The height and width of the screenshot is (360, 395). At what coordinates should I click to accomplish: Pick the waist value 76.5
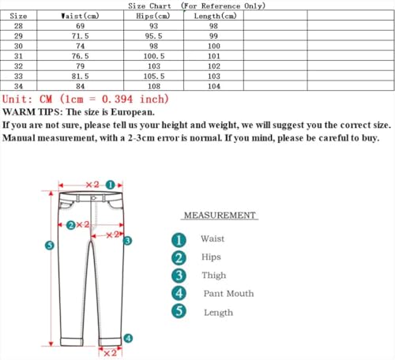80,56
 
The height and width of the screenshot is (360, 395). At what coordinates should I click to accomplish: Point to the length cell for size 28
214,26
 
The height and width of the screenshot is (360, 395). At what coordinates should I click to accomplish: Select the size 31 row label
18,56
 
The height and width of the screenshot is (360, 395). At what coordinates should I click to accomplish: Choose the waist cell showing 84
80,85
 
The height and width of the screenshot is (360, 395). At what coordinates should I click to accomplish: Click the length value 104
214,85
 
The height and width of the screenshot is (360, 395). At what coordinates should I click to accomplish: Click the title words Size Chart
149,6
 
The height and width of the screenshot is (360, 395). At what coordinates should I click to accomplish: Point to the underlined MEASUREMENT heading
220,216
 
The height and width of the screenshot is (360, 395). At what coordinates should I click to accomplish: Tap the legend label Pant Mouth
229,294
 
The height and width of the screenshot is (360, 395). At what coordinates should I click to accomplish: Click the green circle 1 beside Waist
179,239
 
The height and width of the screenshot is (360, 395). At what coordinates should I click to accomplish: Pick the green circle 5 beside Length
179,312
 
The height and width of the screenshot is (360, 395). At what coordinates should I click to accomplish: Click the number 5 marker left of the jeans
49,246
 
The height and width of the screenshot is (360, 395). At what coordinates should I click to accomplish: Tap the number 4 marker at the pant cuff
128,338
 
